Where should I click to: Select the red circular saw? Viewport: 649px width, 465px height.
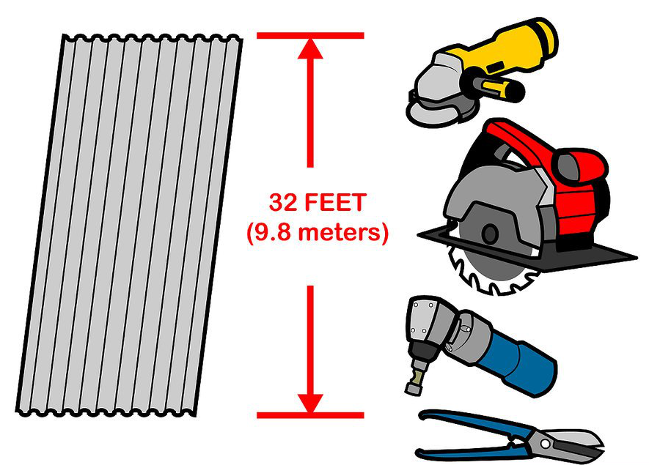(527, 207)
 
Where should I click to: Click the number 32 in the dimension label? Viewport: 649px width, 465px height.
(283, 203)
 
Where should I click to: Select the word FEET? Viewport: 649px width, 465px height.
(335, 203)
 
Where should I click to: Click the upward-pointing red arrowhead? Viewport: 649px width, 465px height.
(310, 48)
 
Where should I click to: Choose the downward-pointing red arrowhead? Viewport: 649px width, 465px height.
(310, 403)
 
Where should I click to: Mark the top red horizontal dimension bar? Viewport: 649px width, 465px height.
(310, 36)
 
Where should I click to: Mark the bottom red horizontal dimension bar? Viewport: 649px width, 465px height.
(310, 415)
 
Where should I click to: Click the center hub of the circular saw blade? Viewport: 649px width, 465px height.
(490, 234)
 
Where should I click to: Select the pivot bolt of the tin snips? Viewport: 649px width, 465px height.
(546, 444)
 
